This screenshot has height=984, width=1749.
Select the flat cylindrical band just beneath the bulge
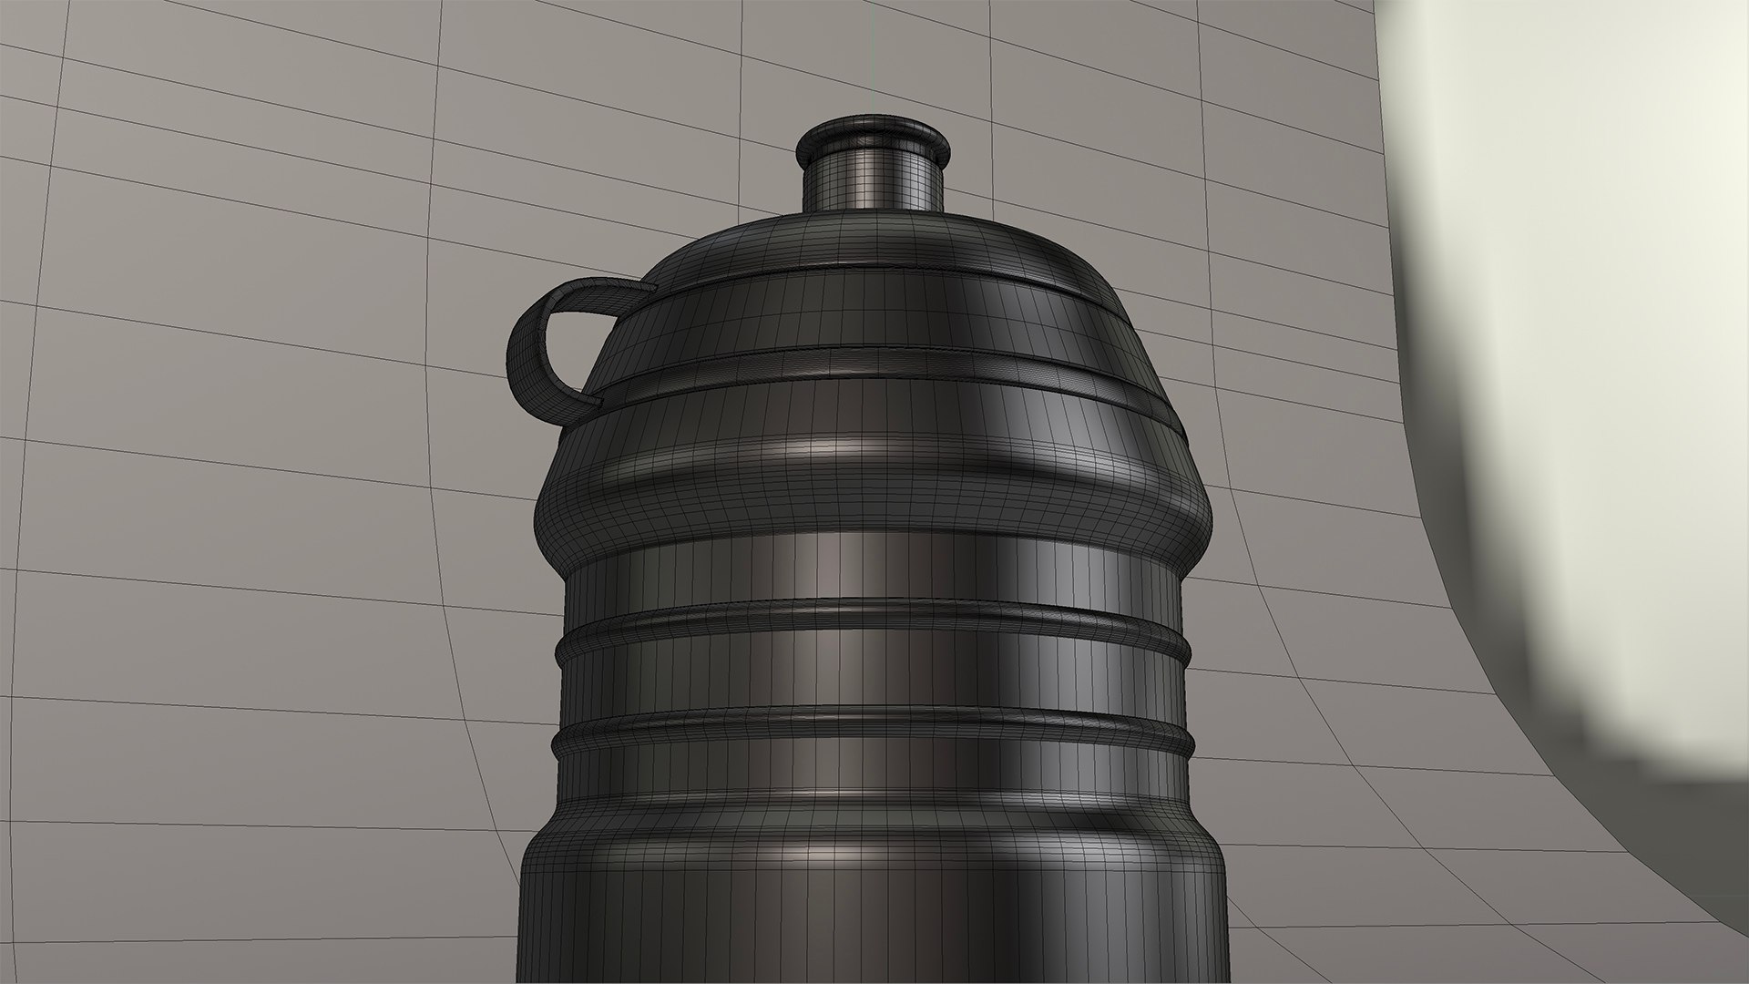point(874,569)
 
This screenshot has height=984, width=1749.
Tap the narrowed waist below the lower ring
point(874,784)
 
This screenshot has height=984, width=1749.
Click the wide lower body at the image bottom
point(874,920)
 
